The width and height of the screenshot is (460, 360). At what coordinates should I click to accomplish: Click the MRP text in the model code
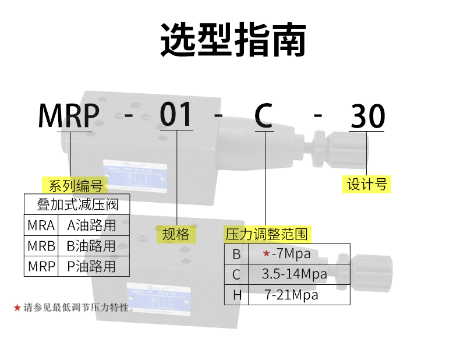click(x=69, y=116)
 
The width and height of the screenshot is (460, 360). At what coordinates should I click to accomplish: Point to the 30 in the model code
click(x=367, y=117)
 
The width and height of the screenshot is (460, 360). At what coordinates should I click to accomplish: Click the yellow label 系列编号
click(x=75, y=186)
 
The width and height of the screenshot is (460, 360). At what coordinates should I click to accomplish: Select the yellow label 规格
click(x=175, y=234)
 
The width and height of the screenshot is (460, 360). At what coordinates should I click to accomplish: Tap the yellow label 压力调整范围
click(x=266, y=235)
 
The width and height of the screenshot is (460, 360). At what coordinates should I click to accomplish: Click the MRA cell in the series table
click(x=41, y=225)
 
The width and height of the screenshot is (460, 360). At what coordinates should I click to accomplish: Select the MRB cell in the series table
click(x=41, y=246)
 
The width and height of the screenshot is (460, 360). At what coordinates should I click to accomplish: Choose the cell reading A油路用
click(x=91, y=225)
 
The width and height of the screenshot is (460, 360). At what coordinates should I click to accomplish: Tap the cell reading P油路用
click(x=91, y=266)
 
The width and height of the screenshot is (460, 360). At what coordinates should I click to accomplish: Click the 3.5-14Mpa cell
click(x=294, y=274)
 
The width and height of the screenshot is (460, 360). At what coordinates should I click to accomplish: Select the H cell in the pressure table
click(x=236, y=295)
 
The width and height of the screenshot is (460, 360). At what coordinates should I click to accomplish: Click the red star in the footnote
click(x=17, y=306)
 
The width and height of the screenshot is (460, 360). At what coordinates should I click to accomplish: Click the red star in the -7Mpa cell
click(x=266, y=254)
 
